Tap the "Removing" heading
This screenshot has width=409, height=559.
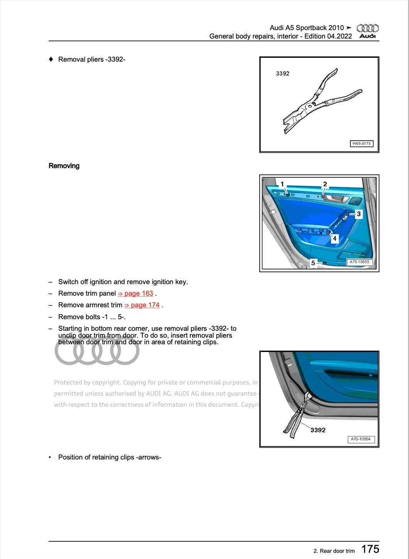pos(64,166)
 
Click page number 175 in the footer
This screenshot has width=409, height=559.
pos(370,549)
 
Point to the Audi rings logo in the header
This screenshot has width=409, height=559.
pos(367,28)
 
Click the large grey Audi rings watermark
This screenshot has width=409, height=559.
pos(97,351)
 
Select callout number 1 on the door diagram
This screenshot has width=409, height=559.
pos(282,184)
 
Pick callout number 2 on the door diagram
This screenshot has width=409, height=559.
pos(325,184)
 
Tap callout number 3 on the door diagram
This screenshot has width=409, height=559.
pos(358,214)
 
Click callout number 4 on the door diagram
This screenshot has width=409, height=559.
pos(335,239)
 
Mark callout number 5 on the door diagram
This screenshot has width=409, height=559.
pos(313,263)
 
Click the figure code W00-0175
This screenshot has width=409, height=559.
pos(362,144)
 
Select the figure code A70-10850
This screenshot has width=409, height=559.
pos(359,262)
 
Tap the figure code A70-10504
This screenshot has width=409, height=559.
pos(361,439)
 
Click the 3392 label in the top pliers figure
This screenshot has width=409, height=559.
pos(282,74)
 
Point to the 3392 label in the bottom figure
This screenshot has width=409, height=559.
pos(318,430)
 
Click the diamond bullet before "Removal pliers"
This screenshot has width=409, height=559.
pos(51,59)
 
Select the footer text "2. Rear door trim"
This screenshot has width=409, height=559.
pos(334,551)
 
